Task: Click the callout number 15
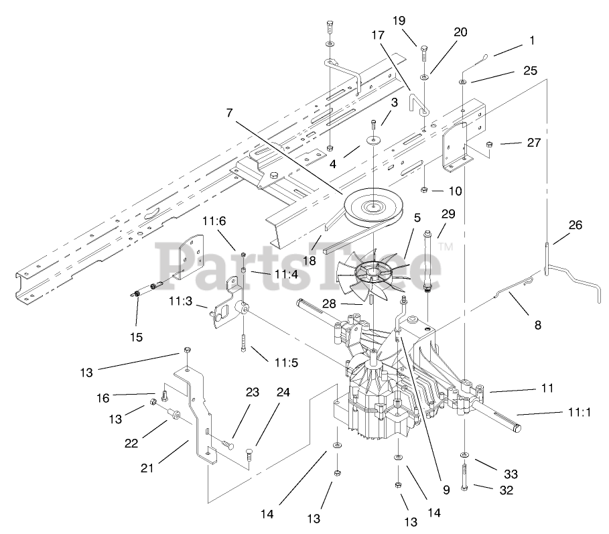(137, 337)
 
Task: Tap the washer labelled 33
(464, 456)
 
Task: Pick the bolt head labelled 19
(423, 51)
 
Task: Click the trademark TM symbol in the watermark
(446, 248)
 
